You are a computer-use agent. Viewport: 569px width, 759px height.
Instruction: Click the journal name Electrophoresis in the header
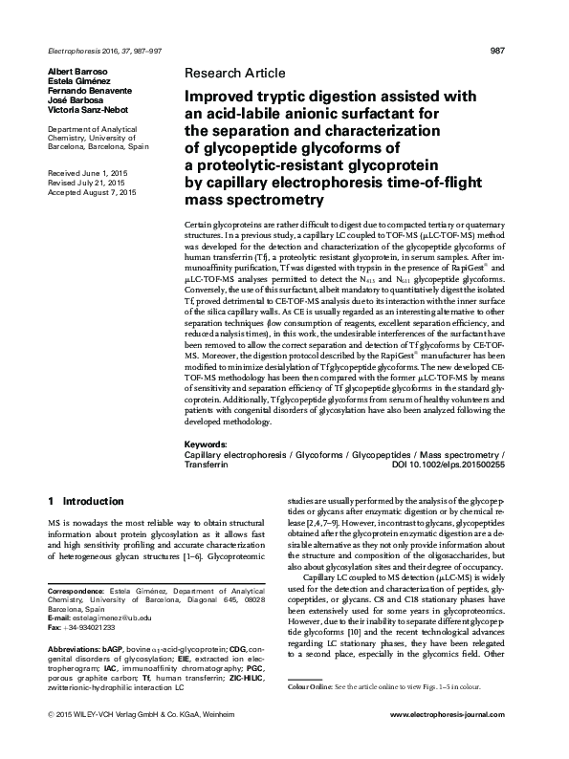pos(72,50)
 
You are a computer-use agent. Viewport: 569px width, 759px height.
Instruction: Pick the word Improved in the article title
pos(217,96)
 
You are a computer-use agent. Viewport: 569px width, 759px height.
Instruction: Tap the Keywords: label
pos(206,445)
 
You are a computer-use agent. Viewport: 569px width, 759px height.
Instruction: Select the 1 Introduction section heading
pos(85,501)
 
